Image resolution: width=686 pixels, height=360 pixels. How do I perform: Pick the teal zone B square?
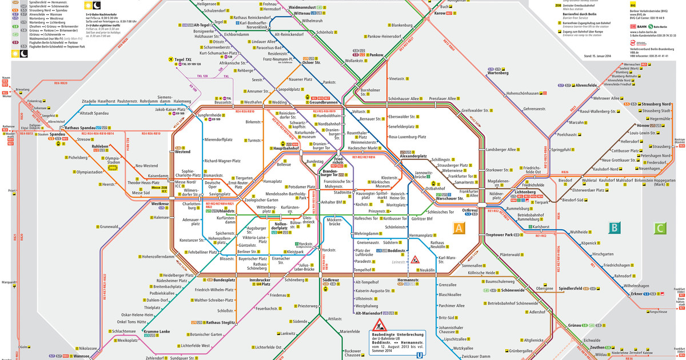[x=615, y=228]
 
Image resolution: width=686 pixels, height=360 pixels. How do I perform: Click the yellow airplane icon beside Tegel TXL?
[x=170, y=59]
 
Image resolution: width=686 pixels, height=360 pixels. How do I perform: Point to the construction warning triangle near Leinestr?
[x=415, y=261]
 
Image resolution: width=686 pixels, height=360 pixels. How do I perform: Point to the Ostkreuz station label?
[x=469, y=210]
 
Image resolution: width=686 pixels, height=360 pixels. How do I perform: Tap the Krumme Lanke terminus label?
[x=157, y=332]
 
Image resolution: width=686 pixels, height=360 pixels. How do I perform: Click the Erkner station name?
[x=637, y=294]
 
